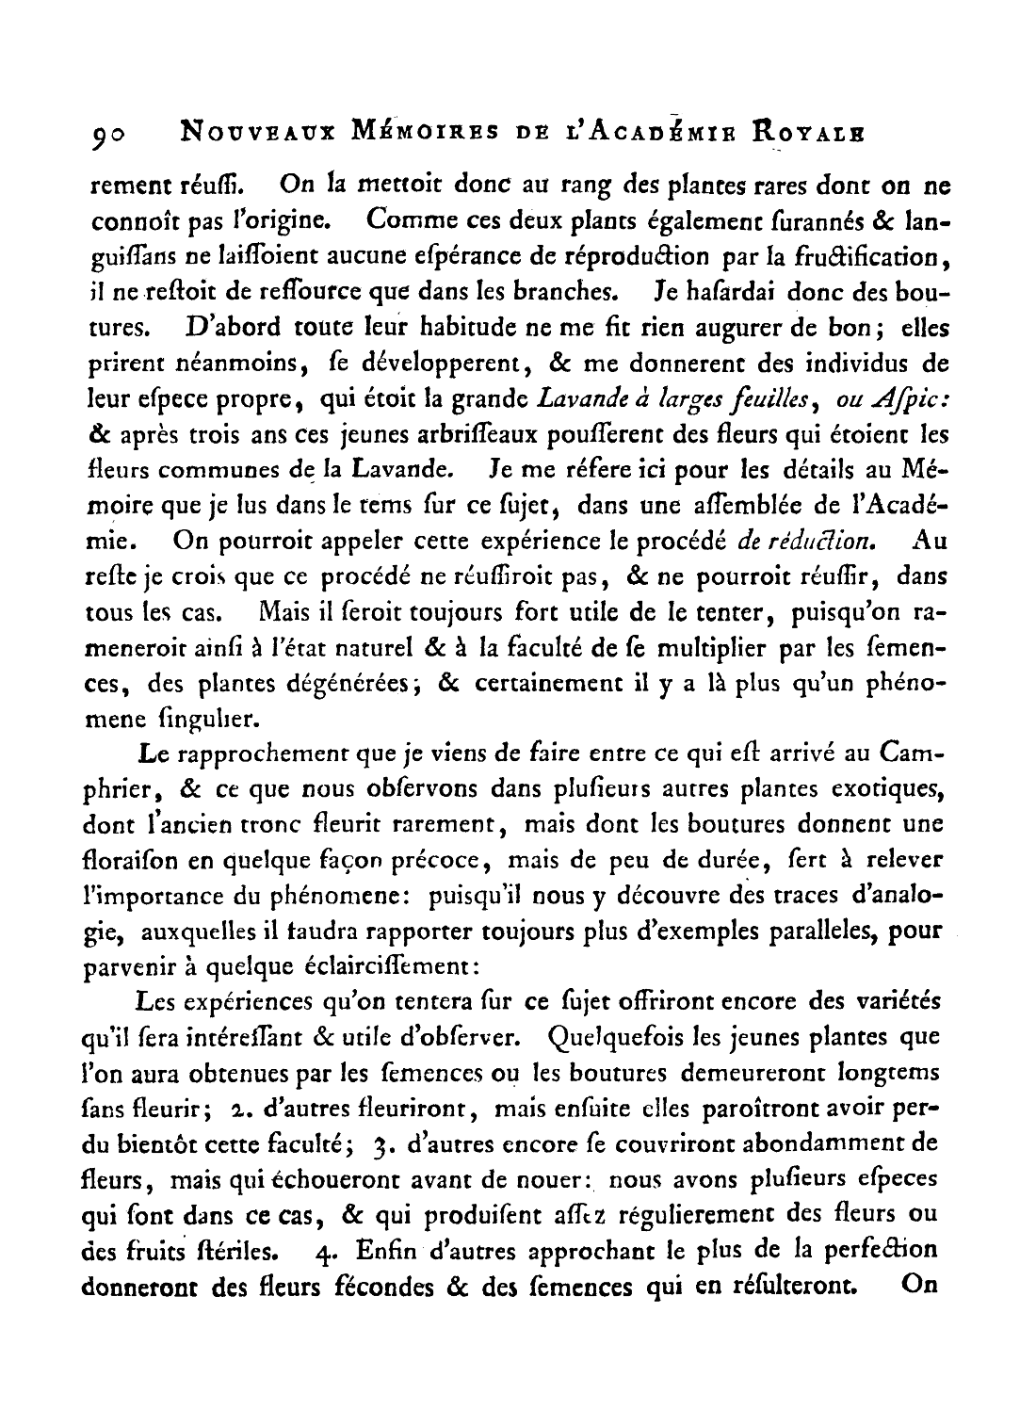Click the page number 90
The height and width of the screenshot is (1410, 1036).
click(111, 138)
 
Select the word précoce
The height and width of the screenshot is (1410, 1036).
click(443, 860)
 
